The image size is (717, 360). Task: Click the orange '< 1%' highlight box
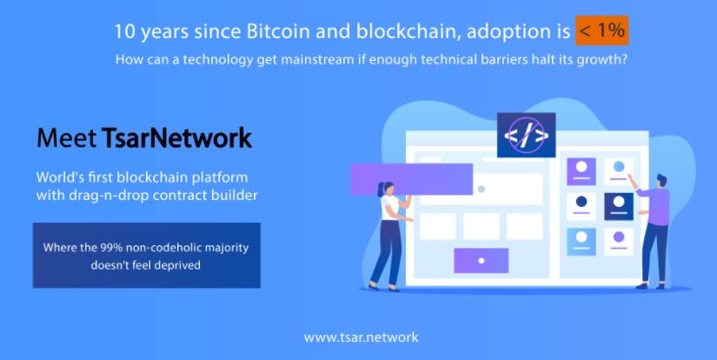pos(601,30)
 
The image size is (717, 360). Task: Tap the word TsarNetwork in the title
pos(176,138)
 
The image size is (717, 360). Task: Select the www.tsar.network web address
pos(361,337)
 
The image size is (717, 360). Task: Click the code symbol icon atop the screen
pos(527,135)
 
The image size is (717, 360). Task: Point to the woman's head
pos(386,188)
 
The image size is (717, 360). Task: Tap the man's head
pos(661,179)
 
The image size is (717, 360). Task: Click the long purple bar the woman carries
pos(412,179)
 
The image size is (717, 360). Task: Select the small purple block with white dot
pos(481,261)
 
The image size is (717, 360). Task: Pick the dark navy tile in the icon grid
pos(619,206)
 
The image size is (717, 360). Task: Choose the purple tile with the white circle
pos(581,171)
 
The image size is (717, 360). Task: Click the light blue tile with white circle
pos(581,242)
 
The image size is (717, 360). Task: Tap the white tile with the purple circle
pos(619,242)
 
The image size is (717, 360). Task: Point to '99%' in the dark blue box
pos(111,248)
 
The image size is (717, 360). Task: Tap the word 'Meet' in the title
pos(67,138)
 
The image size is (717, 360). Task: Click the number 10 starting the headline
pos(123,32)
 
